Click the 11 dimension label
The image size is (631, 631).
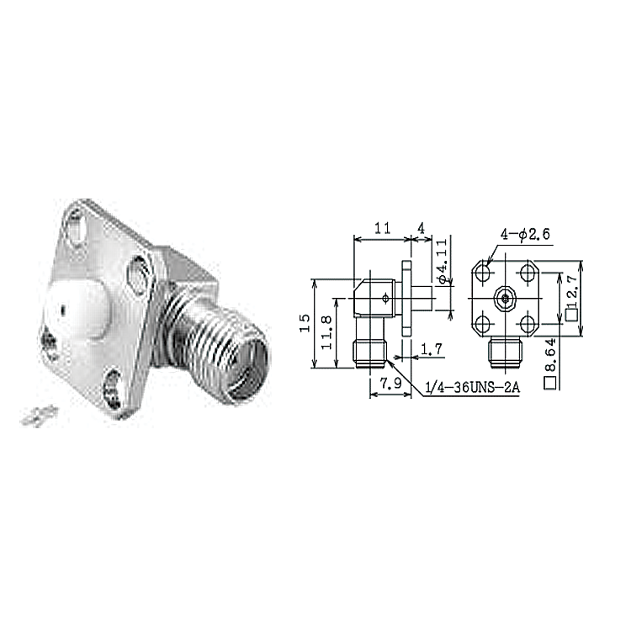click(x=382, y=228)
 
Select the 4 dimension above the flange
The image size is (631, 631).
click(x=421, y=228)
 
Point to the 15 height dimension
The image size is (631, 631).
click(x=305, y=323)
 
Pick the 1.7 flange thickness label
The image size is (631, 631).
click(x=432, y=348)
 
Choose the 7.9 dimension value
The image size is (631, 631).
click(x=390, y=383)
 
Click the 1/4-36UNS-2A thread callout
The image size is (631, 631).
click(x=473, y=388)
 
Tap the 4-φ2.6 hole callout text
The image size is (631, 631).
click(x=525, y=234)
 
